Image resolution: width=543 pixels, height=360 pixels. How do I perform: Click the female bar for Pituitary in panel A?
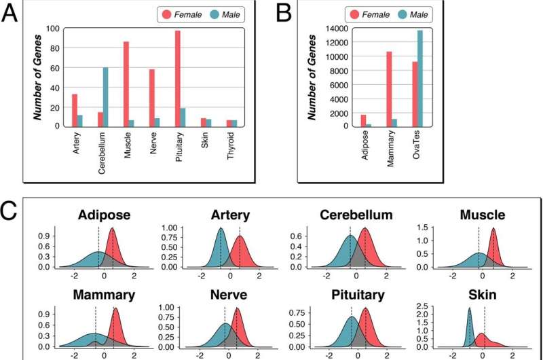coord(177,78)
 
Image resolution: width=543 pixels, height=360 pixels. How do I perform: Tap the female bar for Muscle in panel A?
coord(126,84)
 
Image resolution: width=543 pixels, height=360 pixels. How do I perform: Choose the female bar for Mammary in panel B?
coord(389,88)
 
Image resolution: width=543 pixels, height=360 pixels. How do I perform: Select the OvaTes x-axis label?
coord(416,145)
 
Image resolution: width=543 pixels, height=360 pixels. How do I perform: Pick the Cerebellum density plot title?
coord(358,215)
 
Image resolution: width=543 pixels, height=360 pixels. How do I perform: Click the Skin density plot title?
coord(482,295)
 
